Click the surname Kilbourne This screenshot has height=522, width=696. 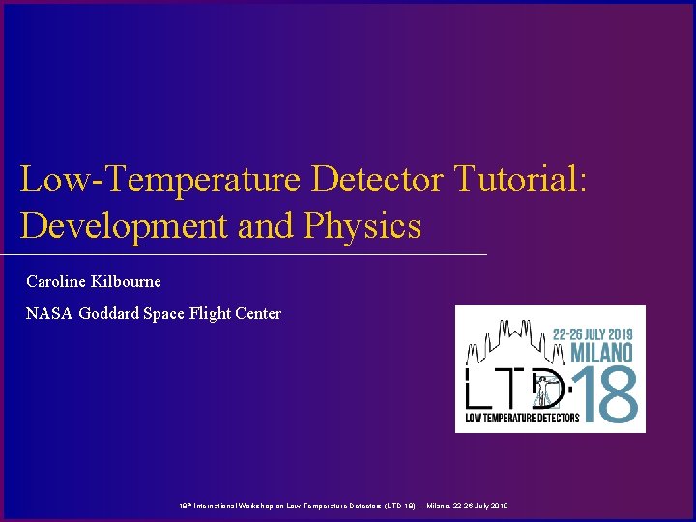tap(128, 282)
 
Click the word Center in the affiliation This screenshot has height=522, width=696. tap(256, 313)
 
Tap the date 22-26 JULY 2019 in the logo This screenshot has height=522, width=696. tap(592, 331)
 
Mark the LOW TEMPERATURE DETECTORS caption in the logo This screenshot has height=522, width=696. tap(522, 418)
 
